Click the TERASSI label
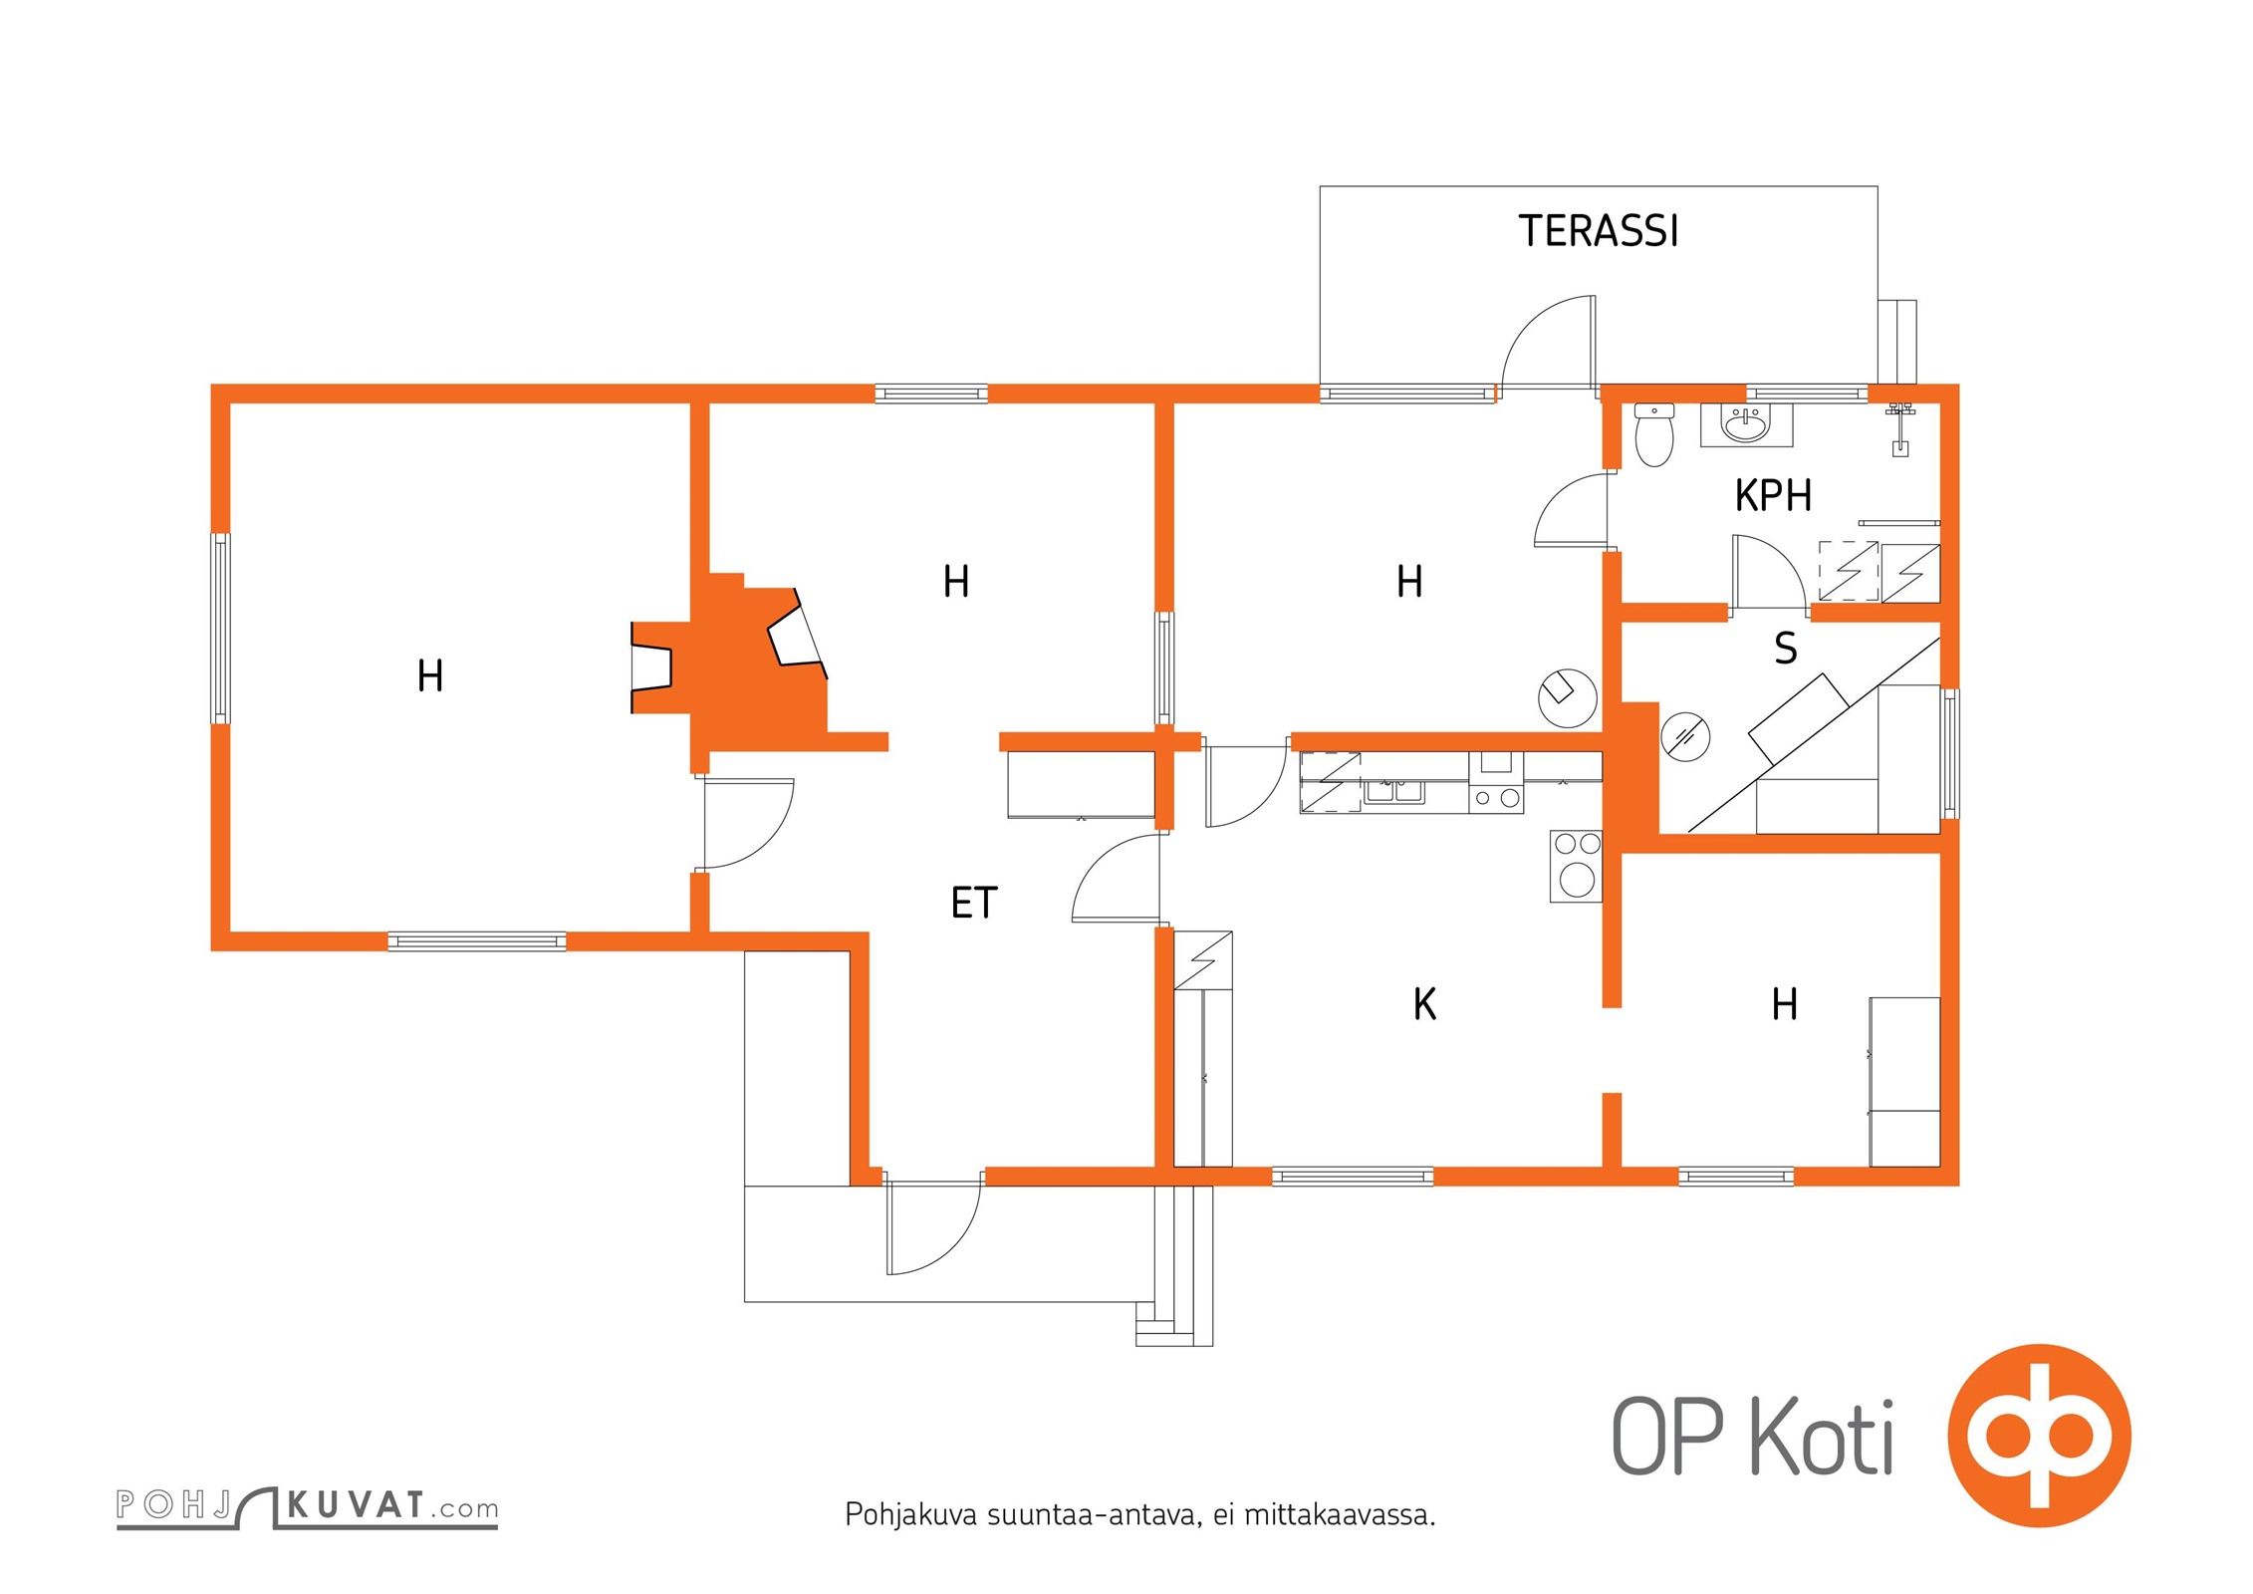click(x=1597, y=231)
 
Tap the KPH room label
click(x=1773, y=496)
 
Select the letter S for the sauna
click(x=1786, y=649)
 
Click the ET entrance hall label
click(x=973, y=904)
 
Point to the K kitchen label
click(x=1424, y=1004)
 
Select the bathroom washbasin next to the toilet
click(x=1746, y=425)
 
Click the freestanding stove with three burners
click(x=1576, y=867)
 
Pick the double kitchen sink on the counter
click(x=1393, y=792)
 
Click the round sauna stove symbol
click(x=1685, y=736)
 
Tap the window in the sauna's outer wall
click(x=1950, y=753)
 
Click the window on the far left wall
click(x=220, y=628)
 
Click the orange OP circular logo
click(x=2038, y=1436)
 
